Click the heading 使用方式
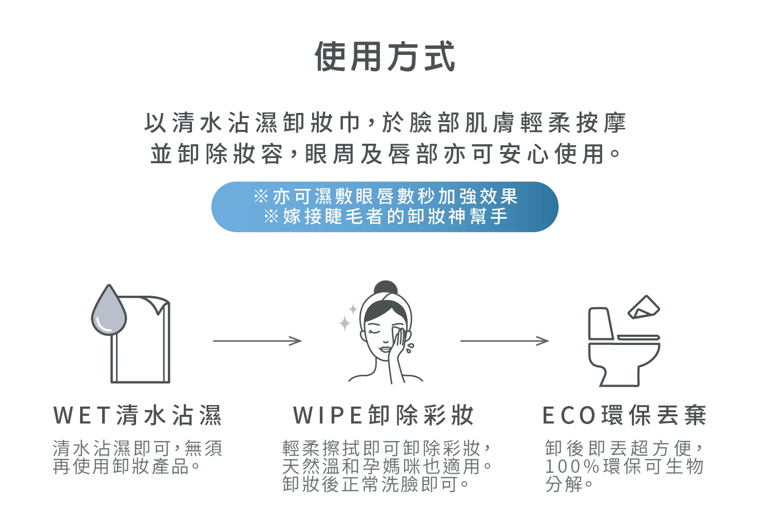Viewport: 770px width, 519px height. point(384,56)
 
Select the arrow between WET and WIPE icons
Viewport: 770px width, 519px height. point(257,341)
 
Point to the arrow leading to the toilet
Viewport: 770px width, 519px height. point(504,341)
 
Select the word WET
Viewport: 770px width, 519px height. point(82,415)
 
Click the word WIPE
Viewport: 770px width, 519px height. point(329,415)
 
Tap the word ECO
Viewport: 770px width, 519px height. point(569,415)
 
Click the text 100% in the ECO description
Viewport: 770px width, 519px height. point(572,467)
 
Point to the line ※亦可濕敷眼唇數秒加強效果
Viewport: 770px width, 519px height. point(385,196)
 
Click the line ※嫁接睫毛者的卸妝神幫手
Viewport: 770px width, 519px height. point(385,216)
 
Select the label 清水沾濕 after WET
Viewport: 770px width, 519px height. point(169,415)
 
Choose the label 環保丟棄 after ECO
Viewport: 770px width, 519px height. point(654,415)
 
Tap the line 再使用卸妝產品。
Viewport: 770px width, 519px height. point(126,467)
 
